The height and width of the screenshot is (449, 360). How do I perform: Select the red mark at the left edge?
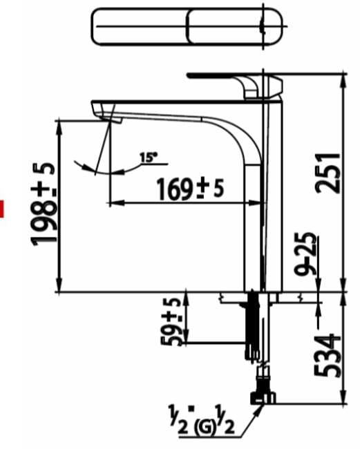2,208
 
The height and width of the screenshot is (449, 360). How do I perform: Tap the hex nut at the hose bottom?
263,396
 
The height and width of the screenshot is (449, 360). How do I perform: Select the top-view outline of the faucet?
187,27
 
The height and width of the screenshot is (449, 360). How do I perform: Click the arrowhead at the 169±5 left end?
115,203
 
